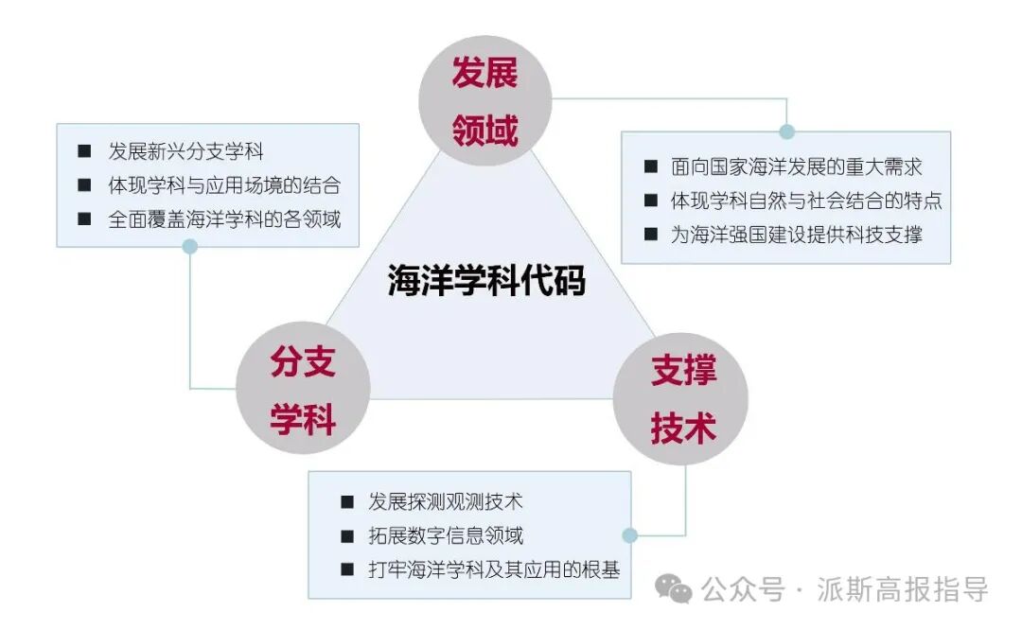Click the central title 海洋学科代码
click(x=486, y=281)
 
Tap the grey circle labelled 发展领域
click(x=485, y=100)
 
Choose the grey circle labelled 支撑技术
click(x=682, y=398)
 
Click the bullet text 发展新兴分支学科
click(x=185, y=151)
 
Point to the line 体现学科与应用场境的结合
click(x=224, y=184)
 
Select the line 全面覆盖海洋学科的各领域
click(x=224, y=219)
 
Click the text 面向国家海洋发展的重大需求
click(x=796, y=166)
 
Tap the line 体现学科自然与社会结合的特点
click(x=806, y=201)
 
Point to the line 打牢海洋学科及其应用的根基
click(x=494, y=569)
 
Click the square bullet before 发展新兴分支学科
click(x=85, y=151)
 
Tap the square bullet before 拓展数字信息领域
click(x=347, y=536)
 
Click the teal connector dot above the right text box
click(x=786, y=131)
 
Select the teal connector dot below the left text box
click(x=190, y=247)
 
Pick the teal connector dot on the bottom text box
click(x=630, y=535)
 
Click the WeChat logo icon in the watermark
click(x=675, y=590)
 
